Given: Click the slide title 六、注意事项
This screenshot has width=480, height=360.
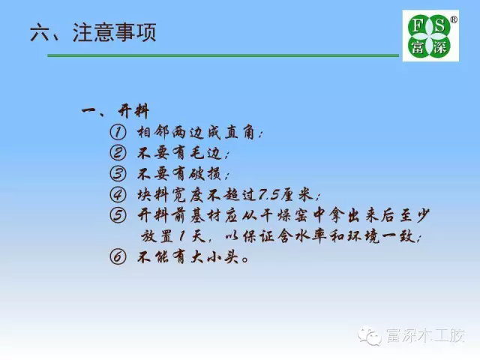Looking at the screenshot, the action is click(93, 32).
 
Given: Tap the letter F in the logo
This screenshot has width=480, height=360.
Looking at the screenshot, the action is click(418, 25).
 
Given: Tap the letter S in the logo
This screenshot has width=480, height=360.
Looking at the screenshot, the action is click(439, 25).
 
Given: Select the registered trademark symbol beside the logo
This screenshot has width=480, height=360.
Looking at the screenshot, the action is click(454, 19).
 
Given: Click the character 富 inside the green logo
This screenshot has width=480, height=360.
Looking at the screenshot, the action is click(417, 46).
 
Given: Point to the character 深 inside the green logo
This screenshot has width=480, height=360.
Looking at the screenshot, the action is click(439, 46).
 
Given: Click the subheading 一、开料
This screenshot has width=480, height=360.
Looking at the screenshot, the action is click(115, 111).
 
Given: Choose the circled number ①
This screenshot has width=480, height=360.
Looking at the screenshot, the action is click(118, 133).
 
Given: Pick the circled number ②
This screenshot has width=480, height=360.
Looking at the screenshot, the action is click(118, 153).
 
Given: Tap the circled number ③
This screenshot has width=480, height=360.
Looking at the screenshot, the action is click(118, 173).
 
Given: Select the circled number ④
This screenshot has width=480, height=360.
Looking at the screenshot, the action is click(118, 194).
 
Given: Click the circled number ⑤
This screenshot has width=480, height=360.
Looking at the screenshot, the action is click(118, 215).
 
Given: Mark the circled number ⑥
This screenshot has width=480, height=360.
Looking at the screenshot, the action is click(118, 256).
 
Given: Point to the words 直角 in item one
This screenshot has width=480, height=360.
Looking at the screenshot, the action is click(240, 133).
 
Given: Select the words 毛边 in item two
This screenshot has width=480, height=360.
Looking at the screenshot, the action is click(205, 153).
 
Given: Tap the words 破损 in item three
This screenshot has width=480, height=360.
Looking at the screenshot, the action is click(205, 174).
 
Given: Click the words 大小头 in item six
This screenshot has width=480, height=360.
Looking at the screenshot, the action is click(214, 256).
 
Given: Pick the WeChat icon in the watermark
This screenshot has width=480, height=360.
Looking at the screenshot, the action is click(370, 335).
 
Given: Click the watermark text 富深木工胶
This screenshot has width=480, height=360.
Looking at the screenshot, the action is click(425, 335).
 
